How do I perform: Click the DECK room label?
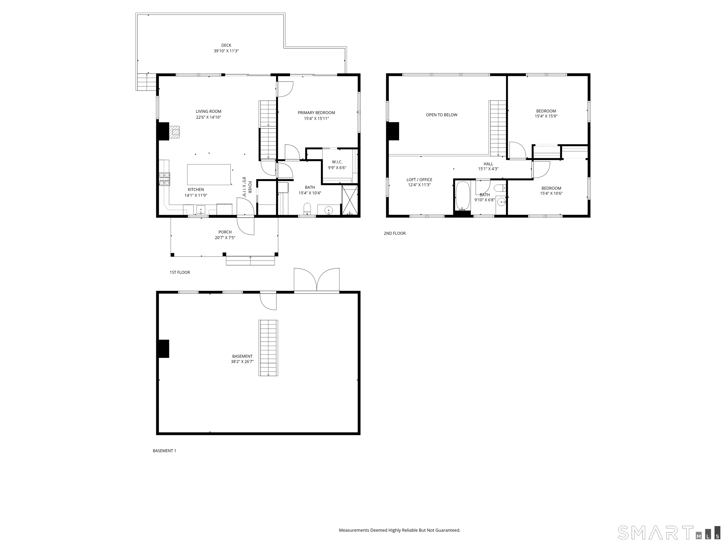(x=226, y=45)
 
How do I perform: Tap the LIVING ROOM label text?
(x=208, y=111)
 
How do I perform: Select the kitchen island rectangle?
(x=209, y=174)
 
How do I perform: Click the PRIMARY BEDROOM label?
(x=316, y=113)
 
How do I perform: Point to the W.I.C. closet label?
(x=337, y=162)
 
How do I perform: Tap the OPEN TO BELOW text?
(x=441, y=115)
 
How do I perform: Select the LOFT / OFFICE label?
(x=419, y=180)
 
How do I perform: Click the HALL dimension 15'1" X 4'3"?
(x=488, y=169)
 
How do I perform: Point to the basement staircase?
(x=268, y=348)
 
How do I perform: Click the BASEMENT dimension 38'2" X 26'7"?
(x=242, y=362)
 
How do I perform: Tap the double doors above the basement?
(x=317, y=280)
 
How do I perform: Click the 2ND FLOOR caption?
(x=395, y=233)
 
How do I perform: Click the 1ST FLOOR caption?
(x=180, y=272)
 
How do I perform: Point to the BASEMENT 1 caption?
(x=164, y=451)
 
